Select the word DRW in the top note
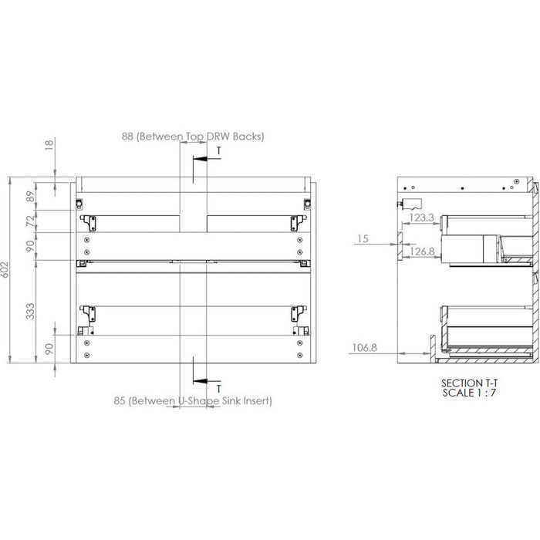coord(219,137)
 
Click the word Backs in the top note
coord(248,137)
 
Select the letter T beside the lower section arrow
coord(219,388)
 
